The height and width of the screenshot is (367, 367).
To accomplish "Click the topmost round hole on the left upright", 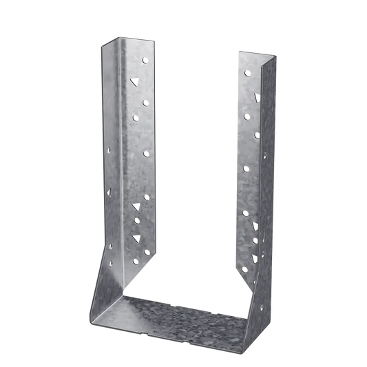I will click(x=145, y=61).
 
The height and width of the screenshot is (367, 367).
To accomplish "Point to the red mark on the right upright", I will click(x=256, y=95).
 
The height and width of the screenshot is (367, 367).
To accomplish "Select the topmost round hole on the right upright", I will click(x=247, y=73).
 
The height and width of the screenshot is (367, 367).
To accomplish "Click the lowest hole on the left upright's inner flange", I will click(x=146, y=253).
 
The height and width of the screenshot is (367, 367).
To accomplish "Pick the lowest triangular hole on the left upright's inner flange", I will click(x=134, y=238).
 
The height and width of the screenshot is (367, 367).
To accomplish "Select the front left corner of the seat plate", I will click(x=92, y=323).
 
